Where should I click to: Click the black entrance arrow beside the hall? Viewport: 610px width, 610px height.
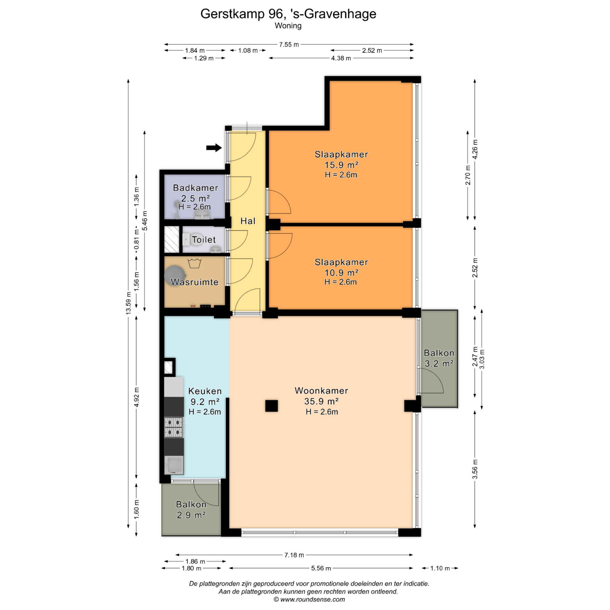[x=214, y=147]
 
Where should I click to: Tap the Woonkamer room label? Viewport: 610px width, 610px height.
[x=321, y=391]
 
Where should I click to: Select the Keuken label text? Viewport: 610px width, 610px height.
[x=205, y=391]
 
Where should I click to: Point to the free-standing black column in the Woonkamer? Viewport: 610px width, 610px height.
[x=271, y=406]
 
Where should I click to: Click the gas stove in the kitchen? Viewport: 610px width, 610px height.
[x=173, y=427]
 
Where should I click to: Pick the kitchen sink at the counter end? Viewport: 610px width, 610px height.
[x=174, y=465]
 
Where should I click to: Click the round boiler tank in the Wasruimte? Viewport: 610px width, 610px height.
[x=175, y=275]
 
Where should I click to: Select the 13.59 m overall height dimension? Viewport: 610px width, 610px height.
[x=128, y=303]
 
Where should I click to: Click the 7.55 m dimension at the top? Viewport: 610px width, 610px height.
[x=289, y=44]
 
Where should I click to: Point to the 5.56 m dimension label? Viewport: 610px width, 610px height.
[x=321, y=568]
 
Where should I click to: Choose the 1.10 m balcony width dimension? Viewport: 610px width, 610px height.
[x=440, y=568]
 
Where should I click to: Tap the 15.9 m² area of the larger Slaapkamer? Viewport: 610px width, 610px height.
[x=341, y=165]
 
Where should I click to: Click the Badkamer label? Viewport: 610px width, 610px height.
[x=195, y=188]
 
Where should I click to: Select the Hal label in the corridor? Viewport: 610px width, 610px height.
[x=248, y=221]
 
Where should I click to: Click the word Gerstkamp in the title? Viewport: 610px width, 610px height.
[x=232, y=14]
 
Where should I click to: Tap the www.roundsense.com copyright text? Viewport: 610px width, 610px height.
[x=309, y=600]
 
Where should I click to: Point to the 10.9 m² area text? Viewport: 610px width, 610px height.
[x=341, y=273]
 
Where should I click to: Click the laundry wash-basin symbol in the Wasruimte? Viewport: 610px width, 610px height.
[x=194, y=263]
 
